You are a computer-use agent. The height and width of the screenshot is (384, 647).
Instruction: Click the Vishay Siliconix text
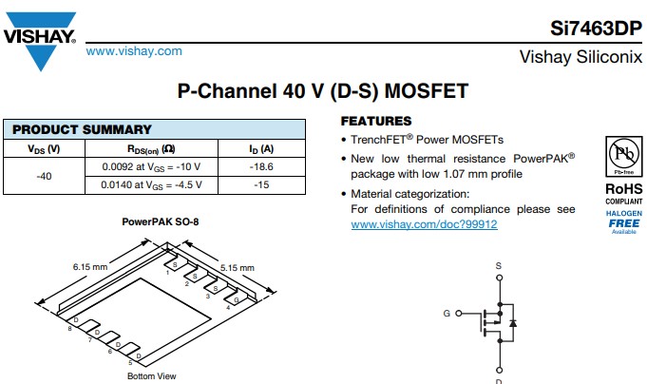click(580, 57)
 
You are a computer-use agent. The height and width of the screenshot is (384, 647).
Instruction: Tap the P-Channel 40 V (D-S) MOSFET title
click(323, 91)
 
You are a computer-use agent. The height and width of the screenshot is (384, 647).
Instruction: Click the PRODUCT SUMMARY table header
click(82, 129)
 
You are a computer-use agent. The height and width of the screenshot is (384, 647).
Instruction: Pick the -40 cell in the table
click(44, 176)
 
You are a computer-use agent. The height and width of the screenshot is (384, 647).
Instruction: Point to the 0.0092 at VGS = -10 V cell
click(151, 166)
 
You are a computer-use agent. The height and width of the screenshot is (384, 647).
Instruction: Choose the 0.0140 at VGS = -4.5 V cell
click(151, 185)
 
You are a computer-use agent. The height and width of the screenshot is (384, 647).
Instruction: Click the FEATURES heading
click(376, 122)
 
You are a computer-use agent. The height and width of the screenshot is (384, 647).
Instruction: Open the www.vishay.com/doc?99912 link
click(424, 224)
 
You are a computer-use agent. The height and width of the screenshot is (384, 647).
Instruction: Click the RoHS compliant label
click(623, 193)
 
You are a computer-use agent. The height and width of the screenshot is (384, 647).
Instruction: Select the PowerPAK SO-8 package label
click(161, 221)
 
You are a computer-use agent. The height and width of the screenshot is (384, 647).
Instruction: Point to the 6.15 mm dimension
click(89, 267)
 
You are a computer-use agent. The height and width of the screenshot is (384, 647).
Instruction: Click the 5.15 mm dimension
click(237, 267)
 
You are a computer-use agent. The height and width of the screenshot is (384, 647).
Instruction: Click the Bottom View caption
click(152, 376)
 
